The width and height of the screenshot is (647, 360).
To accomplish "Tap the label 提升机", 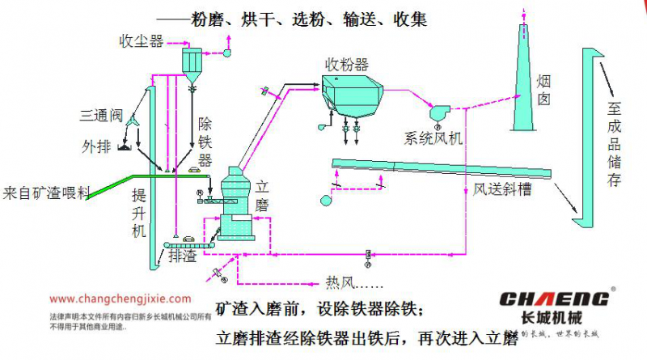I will tap(138, 212).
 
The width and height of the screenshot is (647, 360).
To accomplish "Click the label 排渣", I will tap(183, 256).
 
